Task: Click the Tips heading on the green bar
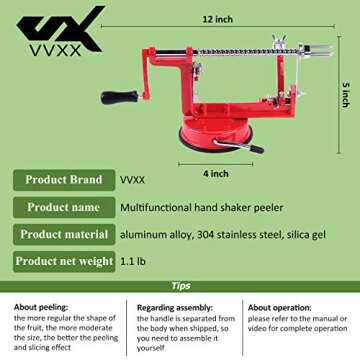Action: click(180, 285)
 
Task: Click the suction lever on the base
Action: click(249, 146)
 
